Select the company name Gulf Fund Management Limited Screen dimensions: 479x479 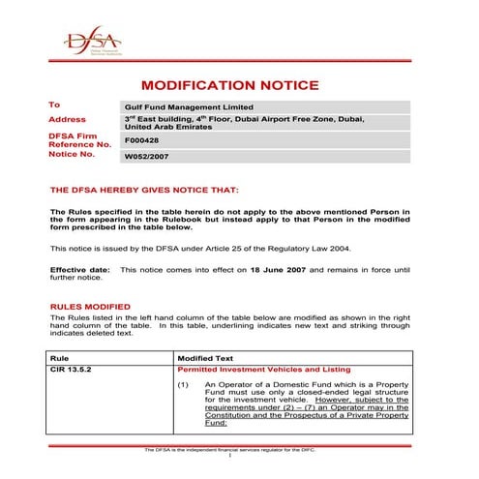point(189,106)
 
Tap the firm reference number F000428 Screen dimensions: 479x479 point(141,140)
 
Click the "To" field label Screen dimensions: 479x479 point(55,105)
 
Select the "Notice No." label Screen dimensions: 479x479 point(72,155)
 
